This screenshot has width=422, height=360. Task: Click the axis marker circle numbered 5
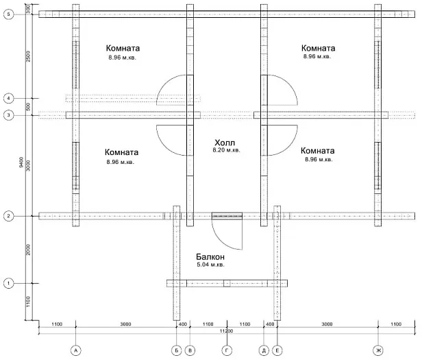[9, 14]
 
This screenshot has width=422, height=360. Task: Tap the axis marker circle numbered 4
[9, 98]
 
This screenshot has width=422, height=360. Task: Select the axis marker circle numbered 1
[9, 283]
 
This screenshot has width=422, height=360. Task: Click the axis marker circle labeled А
[75, 350]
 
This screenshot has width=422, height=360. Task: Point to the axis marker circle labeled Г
[227, 350]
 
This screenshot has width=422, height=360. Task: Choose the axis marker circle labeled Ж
[378, 350]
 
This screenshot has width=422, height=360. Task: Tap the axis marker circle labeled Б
[176, 350]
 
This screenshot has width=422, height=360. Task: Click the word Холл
[225, 143]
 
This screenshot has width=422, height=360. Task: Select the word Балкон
[210, 256]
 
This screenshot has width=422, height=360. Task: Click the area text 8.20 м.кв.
[226, 150]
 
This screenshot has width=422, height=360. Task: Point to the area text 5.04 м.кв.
[210, 265]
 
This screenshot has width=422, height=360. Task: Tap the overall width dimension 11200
[227, 331]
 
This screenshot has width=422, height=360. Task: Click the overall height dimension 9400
[22, 163]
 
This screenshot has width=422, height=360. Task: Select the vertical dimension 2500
[28, 56]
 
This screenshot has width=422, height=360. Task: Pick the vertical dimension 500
[28, 107]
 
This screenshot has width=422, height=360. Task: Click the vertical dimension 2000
[28, 250]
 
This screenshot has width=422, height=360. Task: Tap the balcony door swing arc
[221, 241]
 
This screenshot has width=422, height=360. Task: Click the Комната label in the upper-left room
[123, 48]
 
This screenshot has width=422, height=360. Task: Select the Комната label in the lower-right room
[318, 151]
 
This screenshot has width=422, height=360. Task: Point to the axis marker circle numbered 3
[9, 115]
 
